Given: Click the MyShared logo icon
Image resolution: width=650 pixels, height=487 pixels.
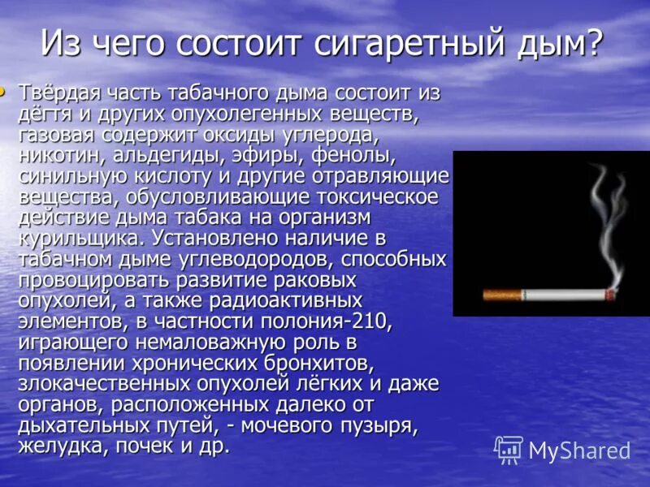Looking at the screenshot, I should pos(509,449).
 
